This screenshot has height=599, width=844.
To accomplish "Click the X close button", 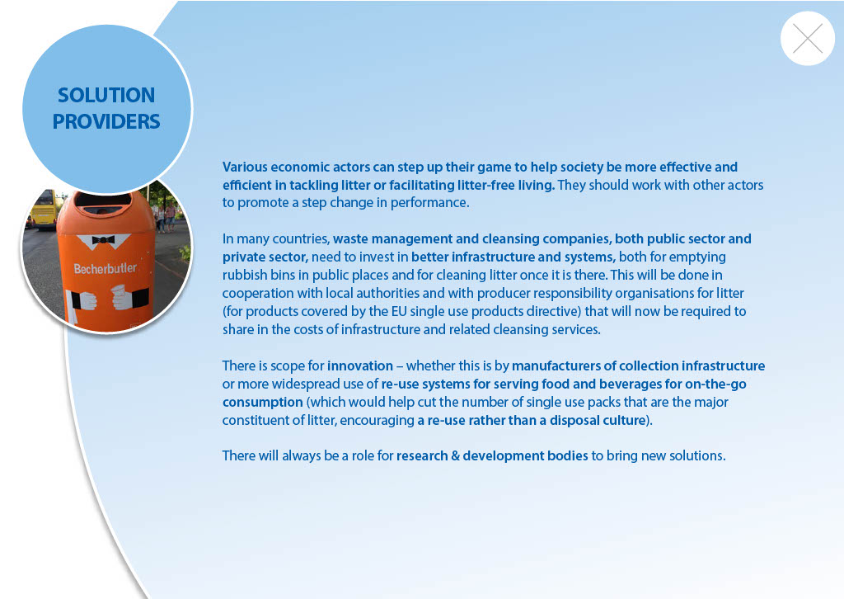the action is [x=808, y=39].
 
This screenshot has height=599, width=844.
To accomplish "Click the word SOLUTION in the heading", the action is [x=106, y=96].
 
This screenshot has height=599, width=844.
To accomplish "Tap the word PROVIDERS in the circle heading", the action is [x=106, y=122].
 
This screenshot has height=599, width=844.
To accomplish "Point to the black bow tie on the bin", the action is [x=103, y=240].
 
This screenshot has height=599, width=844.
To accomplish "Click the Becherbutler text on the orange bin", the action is [x=105, y=267].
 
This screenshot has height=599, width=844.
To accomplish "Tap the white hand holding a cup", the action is [x=123, y=297].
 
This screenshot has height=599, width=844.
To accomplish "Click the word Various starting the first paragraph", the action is [x=244, y=167].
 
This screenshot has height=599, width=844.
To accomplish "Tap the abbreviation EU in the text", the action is [x=399, y=311].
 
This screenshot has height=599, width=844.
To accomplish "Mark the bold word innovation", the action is [x=360, y=366].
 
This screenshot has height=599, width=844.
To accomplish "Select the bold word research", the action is [x=422, y=455].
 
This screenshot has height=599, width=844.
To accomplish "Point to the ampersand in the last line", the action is [x=455, y=455].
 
